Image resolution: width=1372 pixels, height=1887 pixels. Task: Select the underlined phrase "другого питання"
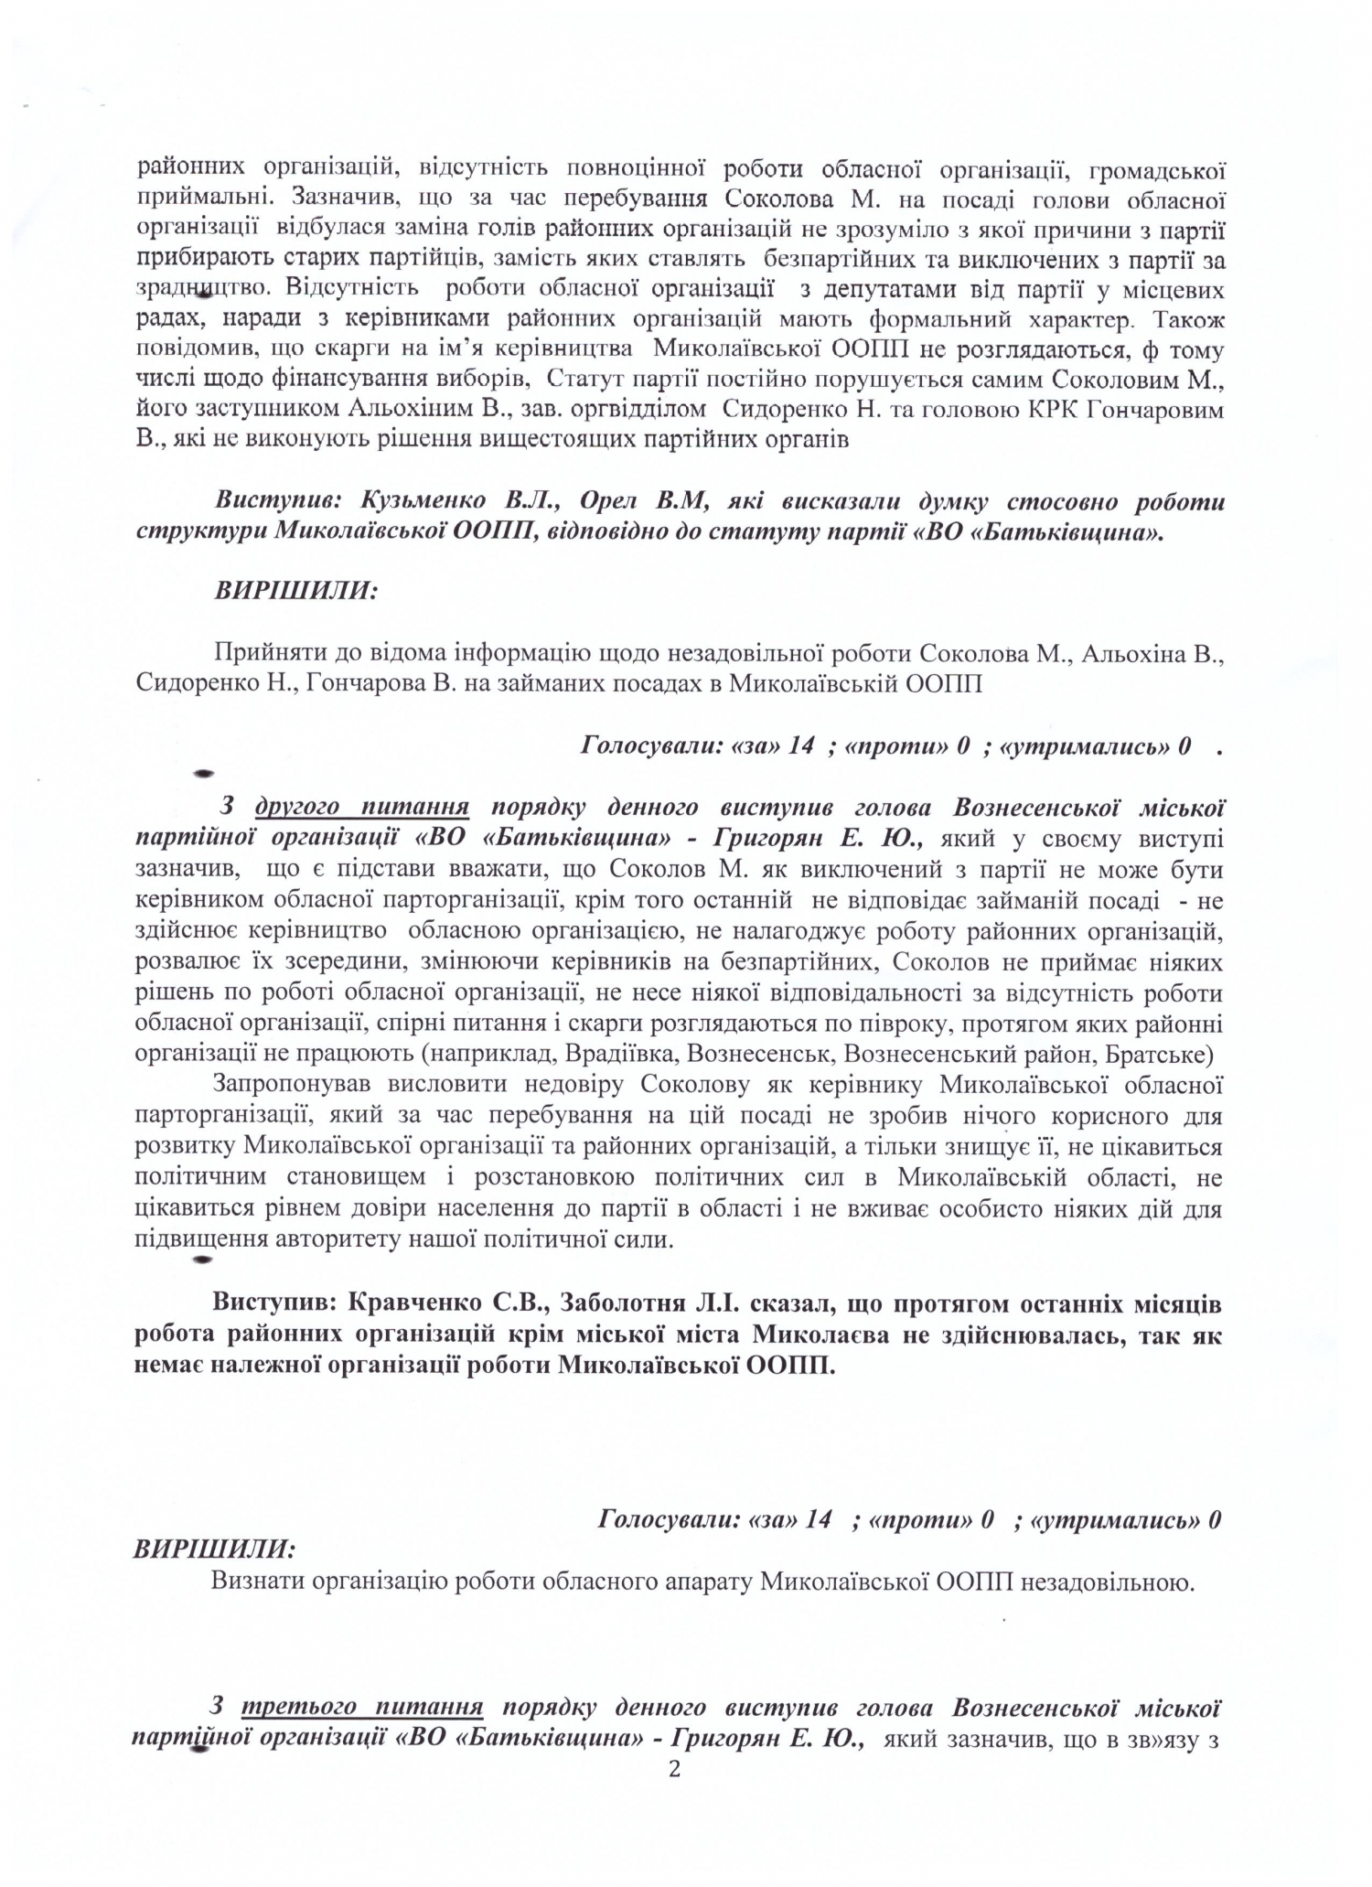tap(362, 807)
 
